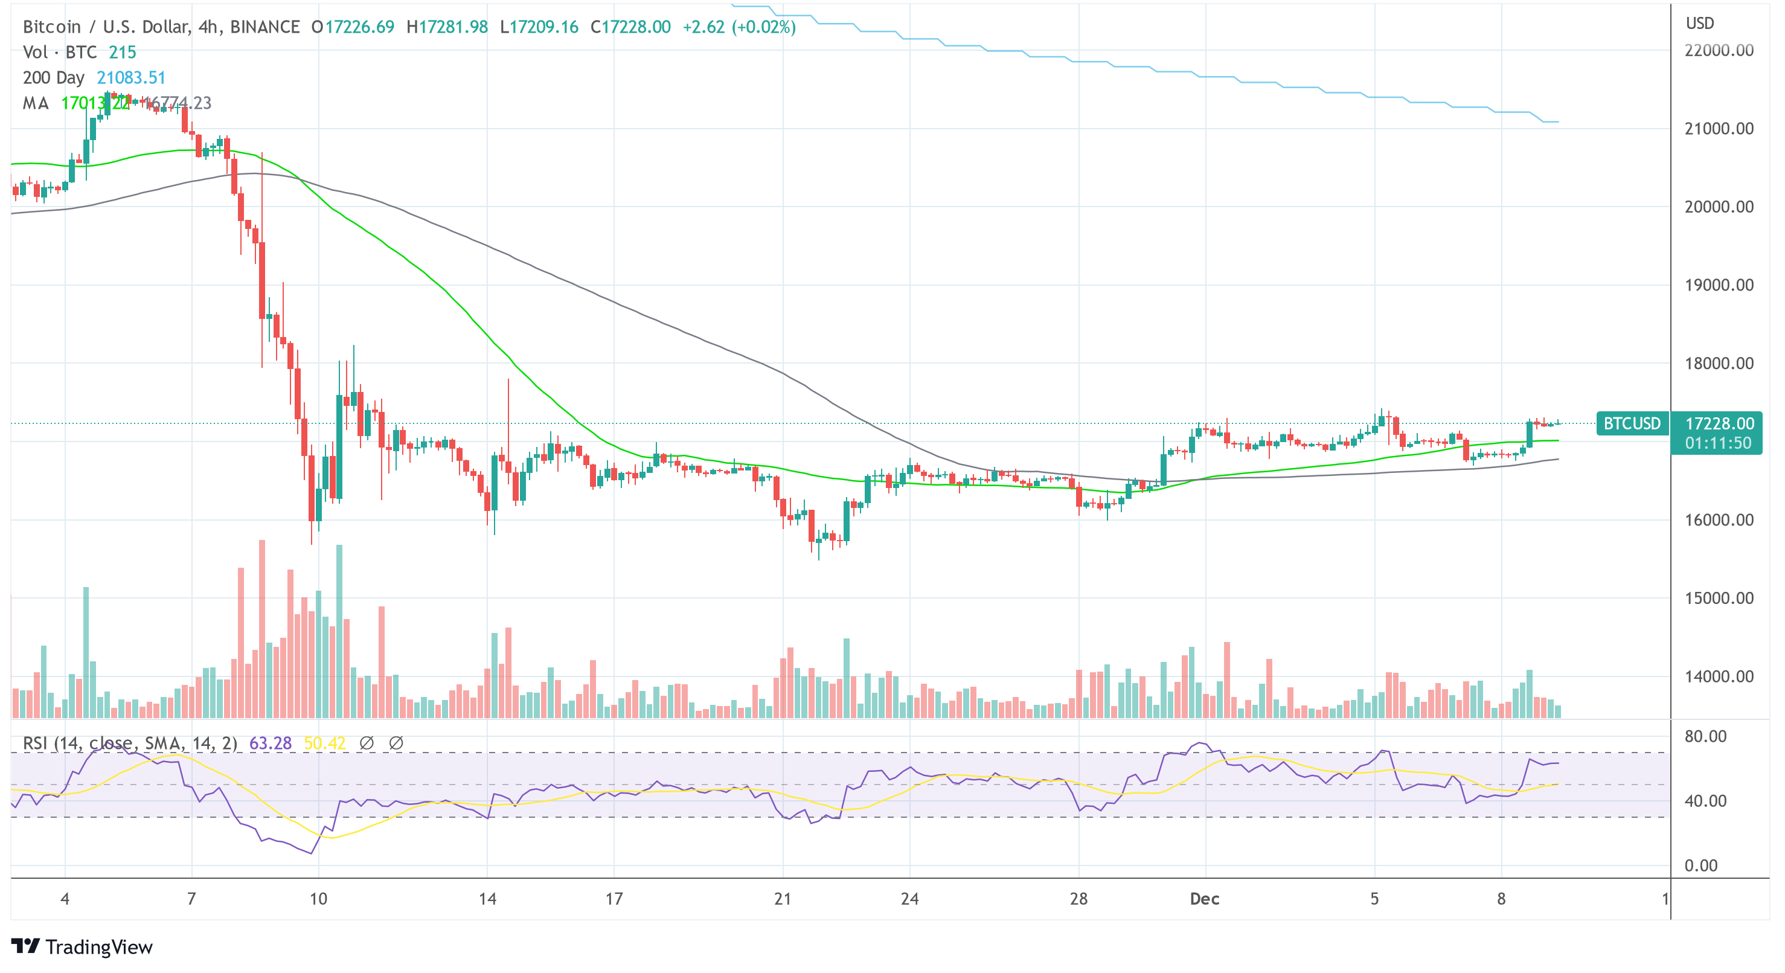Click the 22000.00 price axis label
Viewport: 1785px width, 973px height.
coord(1719,51)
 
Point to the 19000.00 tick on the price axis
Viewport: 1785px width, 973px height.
coord(1719,286)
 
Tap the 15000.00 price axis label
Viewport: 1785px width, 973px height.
coord(1719,599)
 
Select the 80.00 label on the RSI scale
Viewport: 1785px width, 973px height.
coord(1705,737)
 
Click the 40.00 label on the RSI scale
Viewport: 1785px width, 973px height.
coord(1705,801)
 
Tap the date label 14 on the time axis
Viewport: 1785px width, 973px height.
coord(487,899)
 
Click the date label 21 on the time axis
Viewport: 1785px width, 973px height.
coord(783,899)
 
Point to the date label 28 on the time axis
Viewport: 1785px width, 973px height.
coord(1078,899)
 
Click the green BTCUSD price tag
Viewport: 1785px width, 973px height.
coord(1632,423)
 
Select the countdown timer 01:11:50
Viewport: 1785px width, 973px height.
coord(1718,443)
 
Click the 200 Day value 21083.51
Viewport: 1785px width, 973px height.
coord(131,78)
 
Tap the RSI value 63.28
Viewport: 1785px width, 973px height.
coord(271,743)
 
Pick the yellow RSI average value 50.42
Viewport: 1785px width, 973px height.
coord(324,743)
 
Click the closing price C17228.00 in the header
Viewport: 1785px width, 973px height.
coord(630,27)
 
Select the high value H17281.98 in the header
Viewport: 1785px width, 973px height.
coord(447,27)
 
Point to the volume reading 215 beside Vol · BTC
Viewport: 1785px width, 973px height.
coord(123,53)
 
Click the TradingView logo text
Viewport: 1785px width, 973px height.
coord(98,948)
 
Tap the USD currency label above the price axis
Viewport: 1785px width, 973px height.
coord(1700,24)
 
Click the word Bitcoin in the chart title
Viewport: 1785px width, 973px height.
coord(52,27)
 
